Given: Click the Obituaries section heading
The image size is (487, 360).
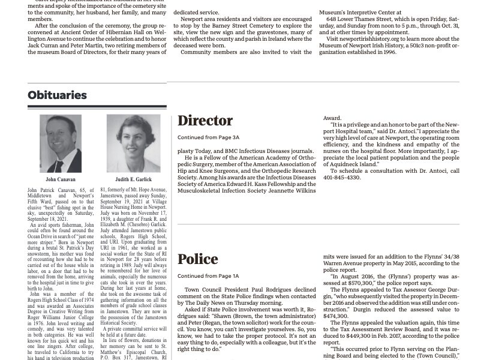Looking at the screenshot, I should tap(57, 95).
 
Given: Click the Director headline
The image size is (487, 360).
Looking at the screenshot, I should tap(205, 121).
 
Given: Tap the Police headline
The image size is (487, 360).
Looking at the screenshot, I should tap(197, 259).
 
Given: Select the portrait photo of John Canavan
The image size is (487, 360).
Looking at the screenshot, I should tap(61, 143).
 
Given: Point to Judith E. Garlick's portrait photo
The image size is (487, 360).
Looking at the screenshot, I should tap(133, 143).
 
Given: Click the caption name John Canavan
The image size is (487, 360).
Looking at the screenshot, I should tap(61, 179).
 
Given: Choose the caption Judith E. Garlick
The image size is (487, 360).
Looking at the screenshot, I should tap(133, 179).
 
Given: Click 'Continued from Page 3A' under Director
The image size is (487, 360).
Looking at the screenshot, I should tap(208, 137).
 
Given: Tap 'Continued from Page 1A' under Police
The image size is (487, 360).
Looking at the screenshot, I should tap(208, 276).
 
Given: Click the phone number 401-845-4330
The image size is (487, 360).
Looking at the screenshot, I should tap(342, 178).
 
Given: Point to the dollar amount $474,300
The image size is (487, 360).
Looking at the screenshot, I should tap(336, 316).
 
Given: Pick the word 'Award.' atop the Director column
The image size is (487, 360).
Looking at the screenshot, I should tap(332, 118).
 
